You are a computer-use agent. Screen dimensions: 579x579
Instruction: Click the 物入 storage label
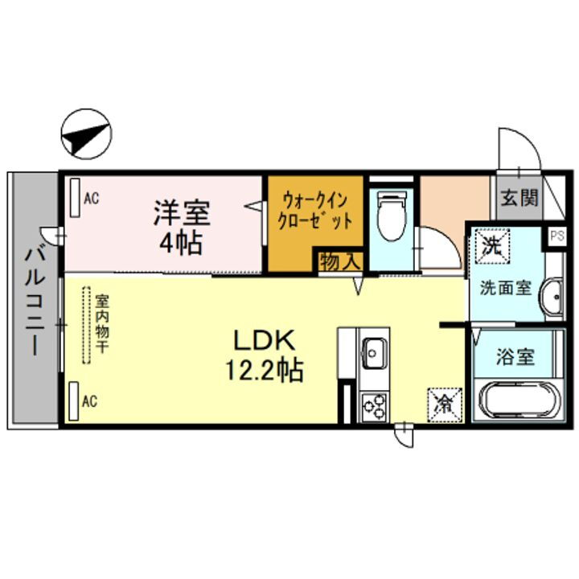pos(339,261)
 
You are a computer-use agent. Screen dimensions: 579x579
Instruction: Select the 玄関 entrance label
pos(519,198)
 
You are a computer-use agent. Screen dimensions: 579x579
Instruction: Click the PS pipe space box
pos(556,236)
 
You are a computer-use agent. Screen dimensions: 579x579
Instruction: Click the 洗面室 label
pos(505,286)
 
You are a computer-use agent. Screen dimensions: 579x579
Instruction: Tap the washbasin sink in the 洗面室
pos(554,298)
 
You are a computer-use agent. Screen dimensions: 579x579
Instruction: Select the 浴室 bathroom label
pos(515,357)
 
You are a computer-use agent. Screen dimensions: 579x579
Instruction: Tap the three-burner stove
pos(374,407)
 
